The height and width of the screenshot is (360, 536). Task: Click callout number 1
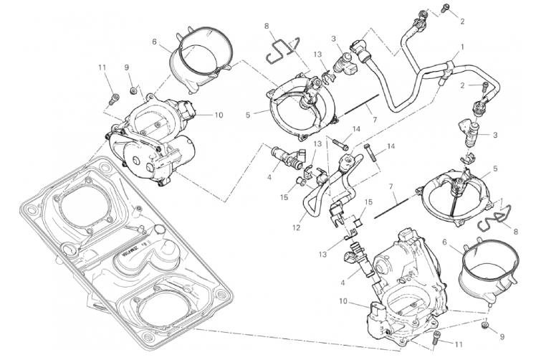pyautogui.click(x=461, y=47)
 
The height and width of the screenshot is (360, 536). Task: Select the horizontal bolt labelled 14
pyautogui.click(x=340, y=142)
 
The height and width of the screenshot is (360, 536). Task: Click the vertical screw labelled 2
pyautogui.click(x=485, y=91)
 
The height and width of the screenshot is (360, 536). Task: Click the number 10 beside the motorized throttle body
pyautogui.click(x=219, y=114)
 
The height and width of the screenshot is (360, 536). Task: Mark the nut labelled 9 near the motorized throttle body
pyautogui.click(x=135, y=90)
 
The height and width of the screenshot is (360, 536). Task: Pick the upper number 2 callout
pyautogui.click(x=462, y=21)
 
